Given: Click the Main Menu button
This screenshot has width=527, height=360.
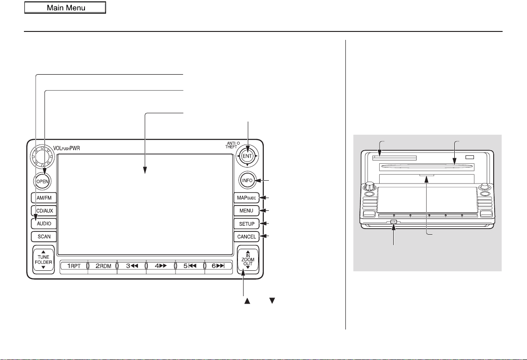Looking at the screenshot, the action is [x=65, y=8].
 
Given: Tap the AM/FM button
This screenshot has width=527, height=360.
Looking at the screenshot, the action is [x=44, y=198].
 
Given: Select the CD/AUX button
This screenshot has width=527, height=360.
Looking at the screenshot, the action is [x=44, y=211].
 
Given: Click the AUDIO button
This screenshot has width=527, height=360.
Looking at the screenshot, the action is [x=44, y=223].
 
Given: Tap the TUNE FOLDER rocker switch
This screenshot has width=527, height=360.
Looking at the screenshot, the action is [x=43, y=260].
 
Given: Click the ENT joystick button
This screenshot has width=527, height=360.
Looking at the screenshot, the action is [x=247, y=156].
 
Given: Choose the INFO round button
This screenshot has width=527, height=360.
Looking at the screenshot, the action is [x=247, y=181].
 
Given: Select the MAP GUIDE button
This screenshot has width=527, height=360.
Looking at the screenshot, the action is [x=246, y=198].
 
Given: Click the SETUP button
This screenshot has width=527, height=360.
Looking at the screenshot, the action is [x=246, y=224].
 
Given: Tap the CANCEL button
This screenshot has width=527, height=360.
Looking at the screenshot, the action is [x=246, y=237].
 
